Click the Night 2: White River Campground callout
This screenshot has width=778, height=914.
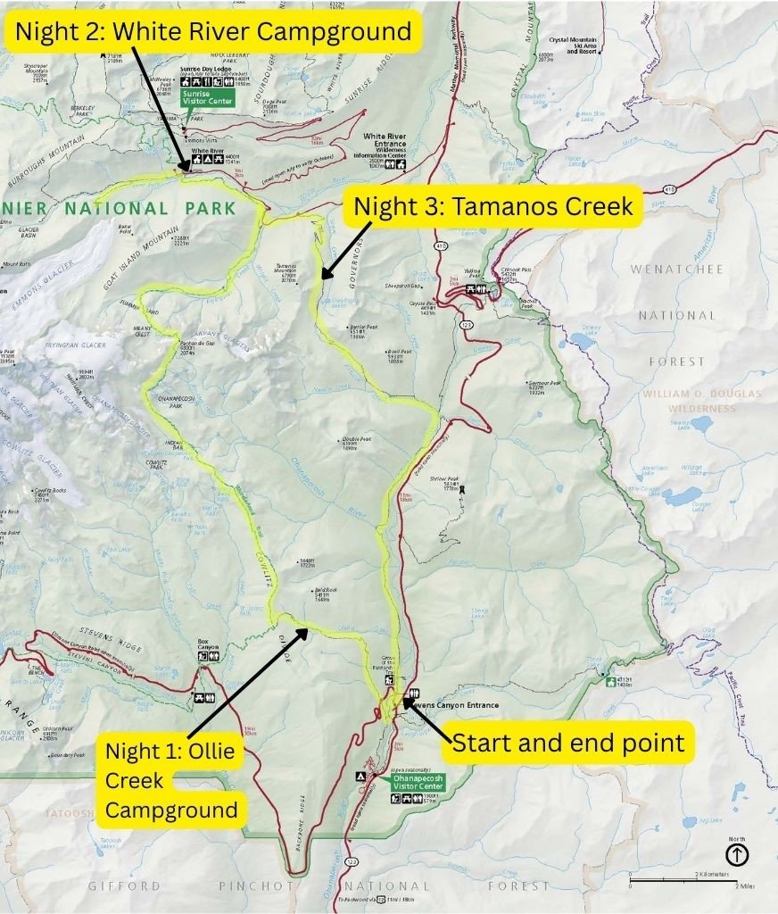[214, 32]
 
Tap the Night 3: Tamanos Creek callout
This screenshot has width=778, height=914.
[493, 206]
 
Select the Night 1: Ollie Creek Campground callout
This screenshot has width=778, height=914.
[170, 780]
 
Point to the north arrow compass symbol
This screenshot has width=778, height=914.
[738, 854]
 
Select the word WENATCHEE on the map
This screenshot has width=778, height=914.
[677, 269]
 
